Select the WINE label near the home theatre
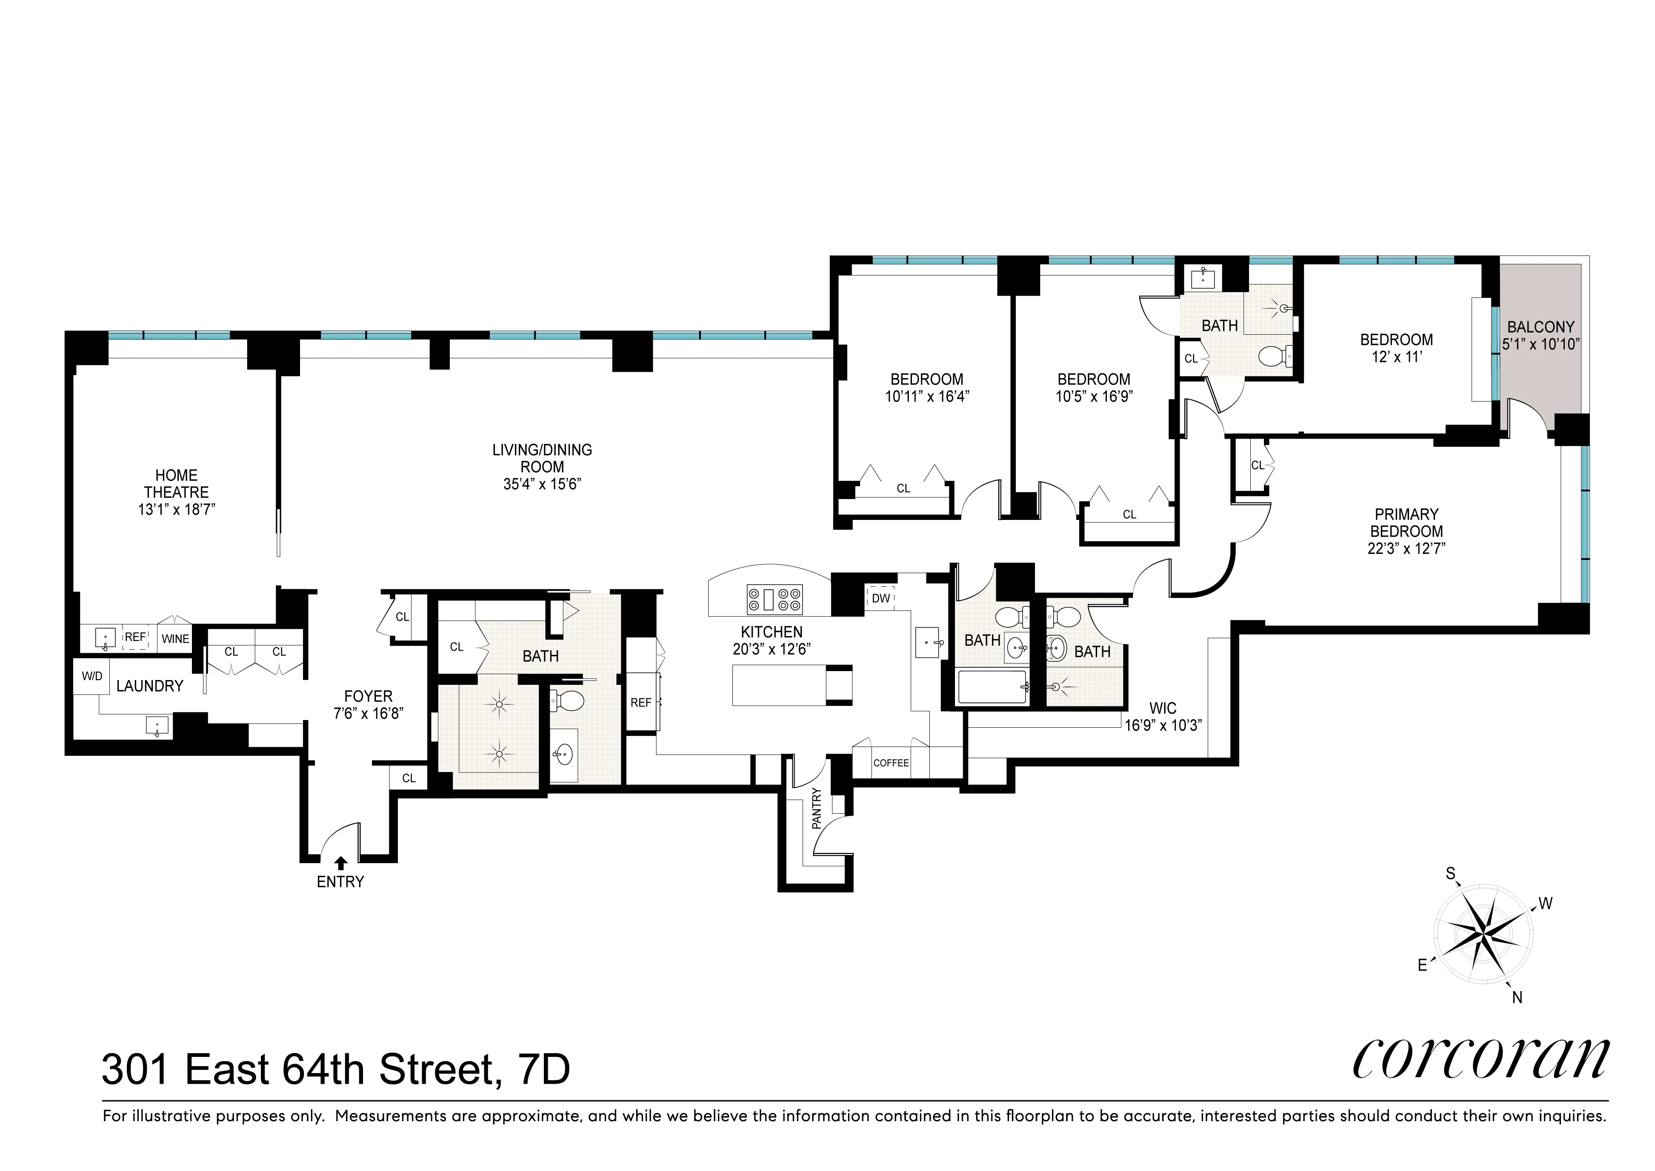(175, 639)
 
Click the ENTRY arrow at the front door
(340, 862)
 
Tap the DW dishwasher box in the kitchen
(881, 598)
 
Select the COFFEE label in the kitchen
(891, 763)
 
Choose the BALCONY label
(1541, 327)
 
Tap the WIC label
(1163, 709)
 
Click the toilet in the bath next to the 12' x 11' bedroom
(1275, 355)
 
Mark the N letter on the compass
(1517, 998)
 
